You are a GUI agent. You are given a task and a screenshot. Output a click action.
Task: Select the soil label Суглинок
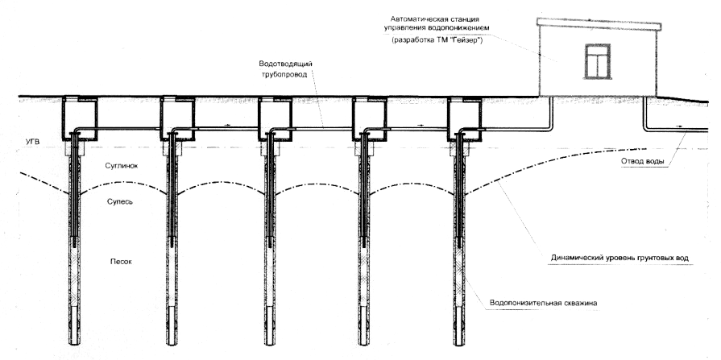pyautogui.click(x=124, y=166)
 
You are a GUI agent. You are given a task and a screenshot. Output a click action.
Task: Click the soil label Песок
pyautogui.click(x=122, y=261)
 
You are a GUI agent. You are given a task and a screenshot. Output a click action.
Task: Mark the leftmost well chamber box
pyautogui.click(x=80, y=118)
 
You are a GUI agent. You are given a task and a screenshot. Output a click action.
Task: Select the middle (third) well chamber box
pyautogui.click(x=274, y=118)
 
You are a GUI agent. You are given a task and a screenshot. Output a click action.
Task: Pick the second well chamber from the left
pyautogui.click(x=176, y=118)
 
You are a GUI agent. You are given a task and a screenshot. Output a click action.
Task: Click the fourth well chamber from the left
pyautogui.click(x=369, y=118)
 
